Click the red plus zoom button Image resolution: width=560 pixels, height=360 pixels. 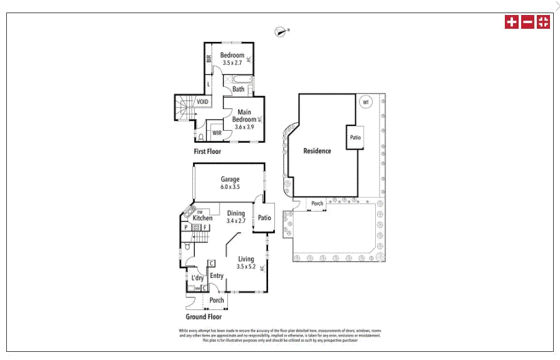pyautogui.click(x=512, y=22)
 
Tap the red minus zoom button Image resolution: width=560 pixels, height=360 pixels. pyautogui.click(x=527, y=22)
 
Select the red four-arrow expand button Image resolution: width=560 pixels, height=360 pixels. pyautogui.click(x=543, y=22)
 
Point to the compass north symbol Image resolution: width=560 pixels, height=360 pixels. pyautogui.click(x=281, y=31)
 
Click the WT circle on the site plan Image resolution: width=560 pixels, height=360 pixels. pyautogui.click(x=365, y=101)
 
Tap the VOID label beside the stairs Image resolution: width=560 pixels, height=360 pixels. pyautogui.click(x=202, y=102)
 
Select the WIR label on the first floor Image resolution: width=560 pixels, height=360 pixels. pyautogui.click(x=217, y=133)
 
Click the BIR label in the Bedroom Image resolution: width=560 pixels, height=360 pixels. pyautogui.click(x=209, y=59)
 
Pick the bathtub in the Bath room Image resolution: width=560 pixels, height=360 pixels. pyautogui.click(x=241, y=80)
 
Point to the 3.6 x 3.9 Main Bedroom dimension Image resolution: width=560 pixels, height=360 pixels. pyautogui.click(x=244, y=126)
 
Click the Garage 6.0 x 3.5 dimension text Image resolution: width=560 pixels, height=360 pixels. pyautogui.click(x=230, y=187)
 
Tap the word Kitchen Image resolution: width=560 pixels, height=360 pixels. pyautogui.click(x=202, y=219)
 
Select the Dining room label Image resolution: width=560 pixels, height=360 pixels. pyautogui.click(x=236, y=213)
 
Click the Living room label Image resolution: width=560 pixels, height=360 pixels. pyautogui.click(x=246, y=259)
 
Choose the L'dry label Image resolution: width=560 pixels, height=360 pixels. pyautogui.click(x=197, y=278)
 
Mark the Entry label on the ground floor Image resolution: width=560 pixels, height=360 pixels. pyautogui.click(x=217, y=275)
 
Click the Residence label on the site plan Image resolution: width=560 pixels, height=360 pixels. pyautogui.click(x=317, y=151)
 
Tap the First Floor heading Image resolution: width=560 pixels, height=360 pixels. pyautogui.click(x=207, y=152)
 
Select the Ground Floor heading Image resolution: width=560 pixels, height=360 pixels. pyautogui.click(x=204, y=317)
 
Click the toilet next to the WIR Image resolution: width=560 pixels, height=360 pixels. pyautogui.click(x=200, y=135)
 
